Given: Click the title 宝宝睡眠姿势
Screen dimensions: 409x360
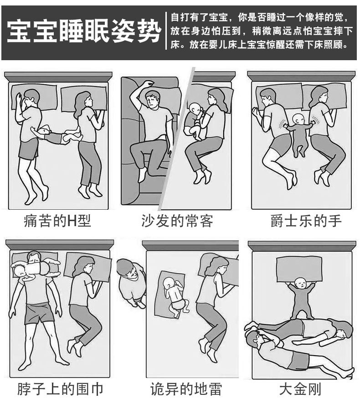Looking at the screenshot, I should tap(84, 32).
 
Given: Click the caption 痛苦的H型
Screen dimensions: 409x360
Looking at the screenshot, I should tap(57, 222).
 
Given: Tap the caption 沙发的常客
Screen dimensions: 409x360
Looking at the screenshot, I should tap(177, 222).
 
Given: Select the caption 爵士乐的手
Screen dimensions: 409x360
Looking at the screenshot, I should tap(306, 222).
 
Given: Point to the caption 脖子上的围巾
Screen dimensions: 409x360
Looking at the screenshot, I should tap(60, 389).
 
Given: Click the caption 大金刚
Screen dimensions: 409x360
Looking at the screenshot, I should tap(300, 389).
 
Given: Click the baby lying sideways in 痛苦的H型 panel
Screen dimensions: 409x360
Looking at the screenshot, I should tap(55, 135).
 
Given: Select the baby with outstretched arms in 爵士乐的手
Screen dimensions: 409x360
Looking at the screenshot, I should tap(299, 132).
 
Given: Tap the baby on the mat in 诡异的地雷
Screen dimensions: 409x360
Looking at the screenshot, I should tap(174, 296).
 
